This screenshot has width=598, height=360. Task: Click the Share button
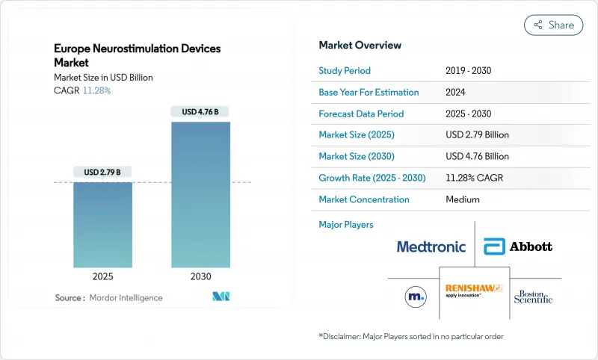(553, 25)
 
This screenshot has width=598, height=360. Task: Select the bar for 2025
(102, 224)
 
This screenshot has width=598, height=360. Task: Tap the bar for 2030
(200, 194)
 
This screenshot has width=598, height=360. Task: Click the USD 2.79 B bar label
(102, 173)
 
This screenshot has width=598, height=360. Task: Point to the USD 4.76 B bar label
(200, 112)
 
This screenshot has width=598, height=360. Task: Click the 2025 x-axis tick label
(102, 277)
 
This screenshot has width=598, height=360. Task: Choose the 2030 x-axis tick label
(200, 277)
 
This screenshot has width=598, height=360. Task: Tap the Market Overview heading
(360, 46)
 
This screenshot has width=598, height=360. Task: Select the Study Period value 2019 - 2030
(468, 71)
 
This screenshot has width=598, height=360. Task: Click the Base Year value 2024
(456, 93)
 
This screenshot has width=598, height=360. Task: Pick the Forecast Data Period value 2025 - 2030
(468, 114)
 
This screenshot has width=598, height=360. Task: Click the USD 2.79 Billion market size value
(477, 135)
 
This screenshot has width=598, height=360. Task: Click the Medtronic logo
(431, 246)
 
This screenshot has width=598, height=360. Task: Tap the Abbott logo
(518, 246)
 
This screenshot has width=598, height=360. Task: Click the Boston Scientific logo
(534, 297)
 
